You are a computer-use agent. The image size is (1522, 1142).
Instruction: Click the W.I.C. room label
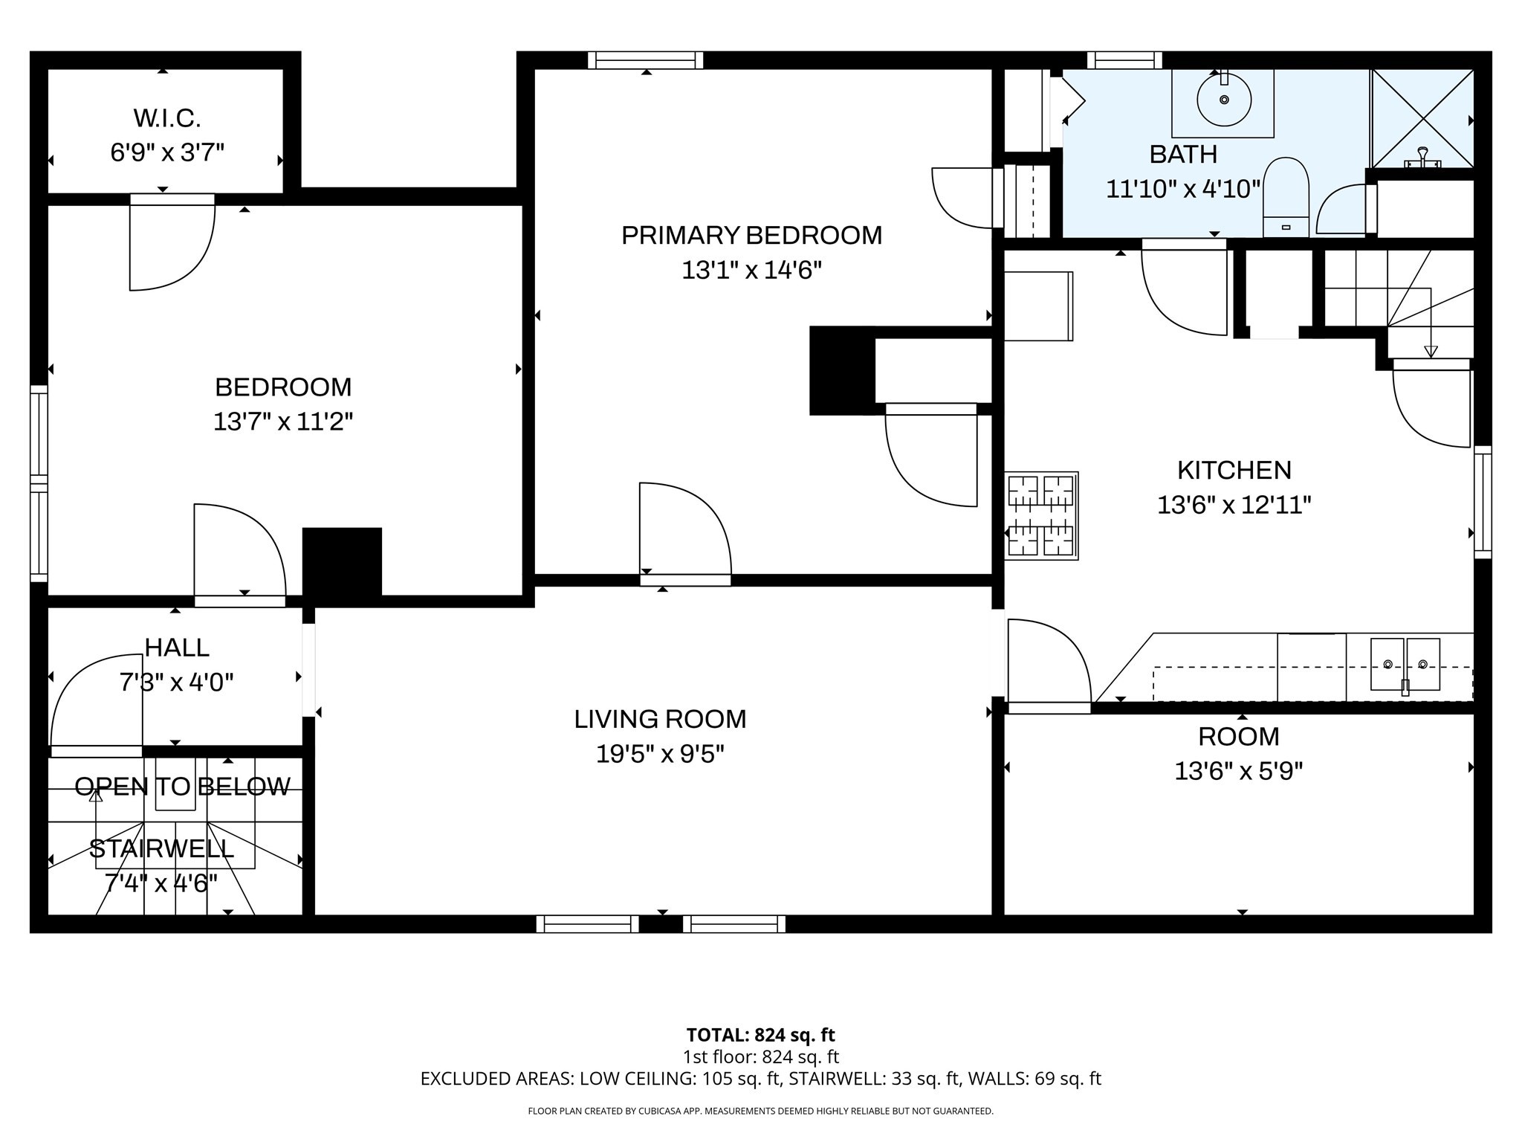click(x=167, y=118)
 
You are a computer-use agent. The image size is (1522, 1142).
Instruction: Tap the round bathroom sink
click(x=1223, y=100)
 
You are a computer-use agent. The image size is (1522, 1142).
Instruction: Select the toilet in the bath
click(x=1286, y=195)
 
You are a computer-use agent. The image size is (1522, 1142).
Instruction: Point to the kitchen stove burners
click(x=1040, y=515)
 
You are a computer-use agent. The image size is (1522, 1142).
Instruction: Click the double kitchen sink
click(x=1405, y=664)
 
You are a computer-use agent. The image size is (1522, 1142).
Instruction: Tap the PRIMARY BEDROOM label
click(x=751, y=236)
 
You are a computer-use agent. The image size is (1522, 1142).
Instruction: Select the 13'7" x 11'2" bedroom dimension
click(x=282, y=422)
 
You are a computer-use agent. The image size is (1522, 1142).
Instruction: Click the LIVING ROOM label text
click(x=660, y=719)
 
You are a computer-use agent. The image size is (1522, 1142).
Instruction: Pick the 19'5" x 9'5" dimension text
click(x=660, y=755)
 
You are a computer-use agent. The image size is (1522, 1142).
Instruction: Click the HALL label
click(x=177, y=648)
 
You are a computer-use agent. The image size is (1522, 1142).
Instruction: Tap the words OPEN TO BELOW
click(x=182, y=787)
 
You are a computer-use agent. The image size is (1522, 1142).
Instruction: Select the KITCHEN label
click(x=1234, y=471)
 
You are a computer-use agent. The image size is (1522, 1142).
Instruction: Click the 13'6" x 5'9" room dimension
click(x=1238, y=772)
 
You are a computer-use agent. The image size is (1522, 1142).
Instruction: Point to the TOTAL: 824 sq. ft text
click(x=760, y=1035)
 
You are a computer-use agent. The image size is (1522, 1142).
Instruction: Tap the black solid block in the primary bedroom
click(x=841, y=370)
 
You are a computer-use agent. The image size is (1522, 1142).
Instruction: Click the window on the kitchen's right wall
click(x=1482, y=502)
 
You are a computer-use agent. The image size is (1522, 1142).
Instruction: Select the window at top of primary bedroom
click(x=645, y=60)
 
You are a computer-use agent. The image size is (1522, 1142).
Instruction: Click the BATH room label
click(x=1183, y=155)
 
